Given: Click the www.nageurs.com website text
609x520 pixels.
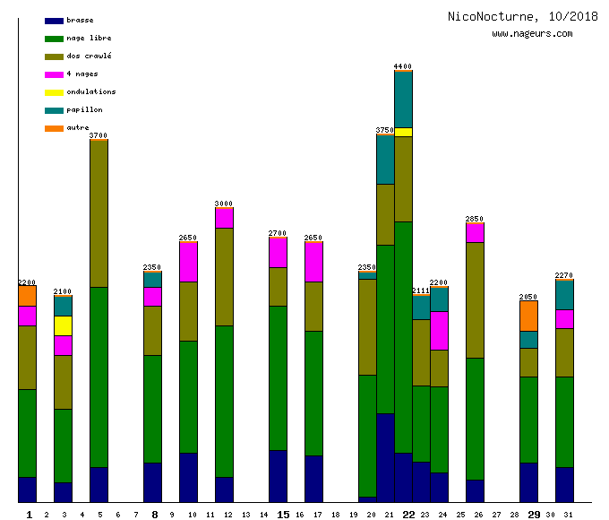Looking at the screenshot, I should point(532,33).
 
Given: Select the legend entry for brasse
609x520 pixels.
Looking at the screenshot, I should point(80,20).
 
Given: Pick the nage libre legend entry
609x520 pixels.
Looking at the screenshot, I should point(89,38).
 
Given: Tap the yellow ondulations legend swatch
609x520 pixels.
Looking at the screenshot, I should point(54,92).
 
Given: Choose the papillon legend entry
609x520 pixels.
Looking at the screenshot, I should point(84,109).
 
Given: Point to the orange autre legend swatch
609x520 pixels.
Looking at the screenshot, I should point(54,128).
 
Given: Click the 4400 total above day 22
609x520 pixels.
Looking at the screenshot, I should point(403,66).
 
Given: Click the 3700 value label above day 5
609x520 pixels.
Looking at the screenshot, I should point(99,135).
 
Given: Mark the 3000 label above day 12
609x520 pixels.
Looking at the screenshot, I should point(224,204).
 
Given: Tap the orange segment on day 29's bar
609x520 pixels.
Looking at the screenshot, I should point(528,316).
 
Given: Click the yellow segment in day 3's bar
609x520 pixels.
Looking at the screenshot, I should point(63,325).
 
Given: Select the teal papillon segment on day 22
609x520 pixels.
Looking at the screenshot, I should point(403,99).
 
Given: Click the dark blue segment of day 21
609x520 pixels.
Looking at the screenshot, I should point(385,457).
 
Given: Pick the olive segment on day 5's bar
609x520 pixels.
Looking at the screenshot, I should point(99,213).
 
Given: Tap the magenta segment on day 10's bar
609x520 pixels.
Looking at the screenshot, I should point(188,262).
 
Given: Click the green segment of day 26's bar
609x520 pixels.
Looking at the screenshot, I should point(475,419).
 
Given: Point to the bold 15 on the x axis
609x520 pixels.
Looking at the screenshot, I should point(283,515).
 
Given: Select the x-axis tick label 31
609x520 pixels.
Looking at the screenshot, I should point(568,515).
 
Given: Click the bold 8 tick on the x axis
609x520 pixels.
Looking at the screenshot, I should point(155,515).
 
